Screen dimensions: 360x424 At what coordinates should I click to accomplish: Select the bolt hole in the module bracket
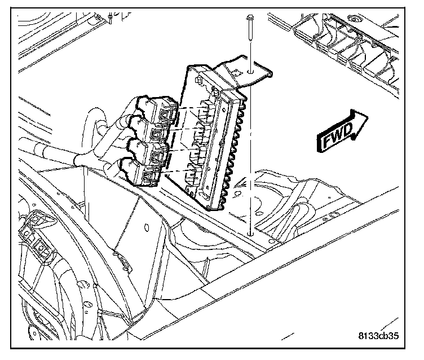pyautogui.click(x=249, y=73)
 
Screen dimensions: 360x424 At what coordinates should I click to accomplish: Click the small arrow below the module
pyautogui.click(x=240, y=184)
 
